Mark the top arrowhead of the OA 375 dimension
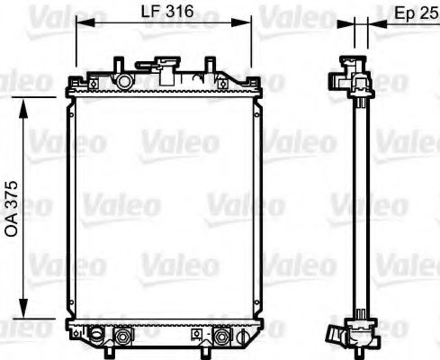24,98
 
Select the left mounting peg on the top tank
119,67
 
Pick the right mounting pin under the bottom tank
213,351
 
